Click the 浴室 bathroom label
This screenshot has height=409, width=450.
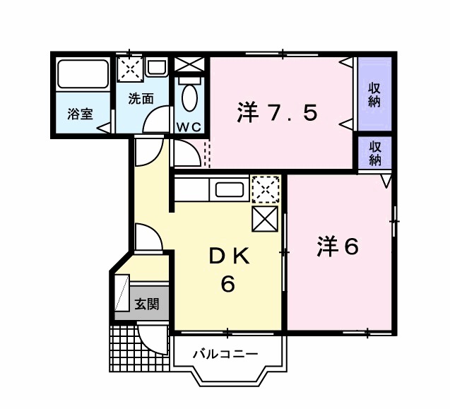(80, 114)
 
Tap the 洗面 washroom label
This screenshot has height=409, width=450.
(141, 98)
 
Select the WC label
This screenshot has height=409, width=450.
(189, 126)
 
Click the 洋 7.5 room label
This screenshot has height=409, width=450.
(277, 113)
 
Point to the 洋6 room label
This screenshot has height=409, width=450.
(338, 247)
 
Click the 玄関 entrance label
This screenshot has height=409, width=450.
(146, 304)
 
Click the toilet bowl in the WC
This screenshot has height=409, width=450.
(189, 95)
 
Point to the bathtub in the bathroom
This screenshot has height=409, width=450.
(83, 73)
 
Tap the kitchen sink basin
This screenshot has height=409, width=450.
(230, 190)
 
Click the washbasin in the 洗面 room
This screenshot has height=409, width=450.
(156, 68)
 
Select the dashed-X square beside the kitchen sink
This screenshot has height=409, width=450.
(266, 189)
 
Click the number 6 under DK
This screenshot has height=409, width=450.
(227, 285)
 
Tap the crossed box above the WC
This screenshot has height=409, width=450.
(189, 64)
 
